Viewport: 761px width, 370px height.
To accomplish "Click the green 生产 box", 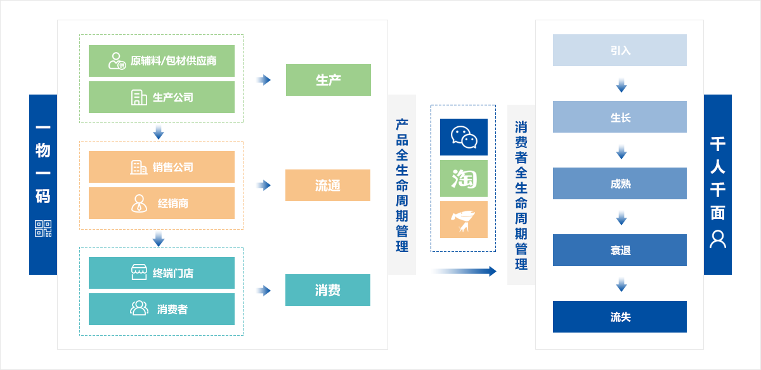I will click(328, 80).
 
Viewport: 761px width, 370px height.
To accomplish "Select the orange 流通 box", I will click(327, 185).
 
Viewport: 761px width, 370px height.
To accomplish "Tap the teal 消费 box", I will click(327, 290).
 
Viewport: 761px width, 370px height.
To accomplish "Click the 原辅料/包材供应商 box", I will click(162, 61).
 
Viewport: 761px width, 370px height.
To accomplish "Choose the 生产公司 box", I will click(162, 97).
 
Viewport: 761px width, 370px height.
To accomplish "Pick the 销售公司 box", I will click(162, 167).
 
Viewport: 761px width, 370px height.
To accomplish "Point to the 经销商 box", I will click(162, 203).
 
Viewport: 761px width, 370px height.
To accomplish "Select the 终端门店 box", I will click(162, 273).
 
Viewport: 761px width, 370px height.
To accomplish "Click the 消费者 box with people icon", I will click(162, 309).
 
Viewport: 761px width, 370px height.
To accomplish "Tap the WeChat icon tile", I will click(464, 137).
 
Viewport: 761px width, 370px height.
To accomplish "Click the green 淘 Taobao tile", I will click(464, 178).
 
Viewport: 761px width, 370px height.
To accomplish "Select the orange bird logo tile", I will click(464, 220).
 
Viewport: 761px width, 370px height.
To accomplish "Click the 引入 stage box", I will click(620, 50).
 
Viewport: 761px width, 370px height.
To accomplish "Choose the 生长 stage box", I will click(620, 117).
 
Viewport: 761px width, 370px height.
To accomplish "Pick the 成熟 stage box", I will click(620, 183).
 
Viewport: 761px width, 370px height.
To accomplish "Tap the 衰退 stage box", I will click(620, 250).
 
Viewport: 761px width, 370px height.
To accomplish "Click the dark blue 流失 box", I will click(620, 317).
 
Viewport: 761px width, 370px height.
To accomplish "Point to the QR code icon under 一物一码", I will click(43, 228).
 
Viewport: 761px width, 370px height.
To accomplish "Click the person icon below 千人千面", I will click(718, 239).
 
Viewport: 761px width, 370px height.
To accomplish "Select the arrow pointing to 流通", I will click(263, 185).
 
